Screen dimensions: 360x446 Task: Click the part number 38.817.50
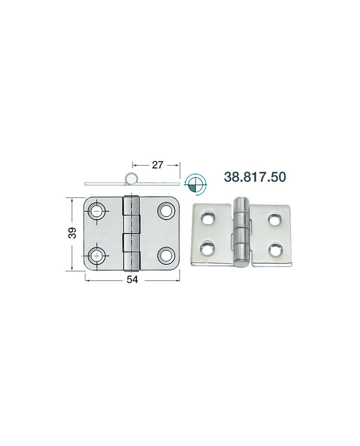(255, 176)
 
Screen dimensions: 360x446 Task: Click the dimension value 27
(157, 164)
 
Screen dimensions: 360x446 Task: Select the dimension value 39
(72, 233)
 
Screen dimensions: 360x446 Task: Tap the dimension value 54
(132, 280)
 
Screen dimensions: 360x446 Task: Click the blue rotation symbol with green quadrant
(196, 184)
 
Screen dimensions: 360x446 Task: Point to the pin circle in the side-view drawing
(131, 179)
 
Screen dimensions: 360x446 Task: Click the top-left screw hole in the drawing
(97, 211)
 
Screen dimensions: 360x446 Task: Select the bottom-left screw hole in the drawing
(97, 254)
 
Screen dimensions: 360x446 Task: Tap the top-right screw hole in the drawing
(167, 211)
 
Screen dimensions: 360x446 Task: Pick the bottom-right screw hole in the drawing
(166, 254)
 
